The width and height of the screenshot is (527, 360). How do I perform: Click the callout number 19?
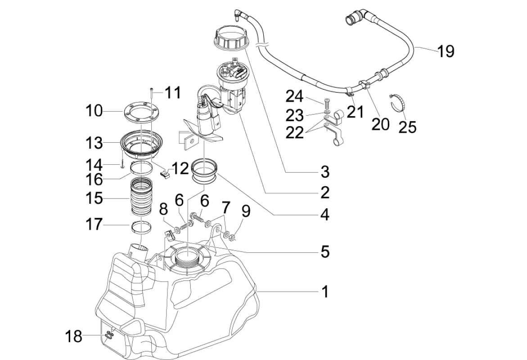446,51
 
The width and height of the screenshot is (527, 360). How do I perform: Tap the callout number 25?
408,127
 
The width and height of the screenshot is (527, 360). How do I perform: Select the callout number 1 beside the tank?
324,292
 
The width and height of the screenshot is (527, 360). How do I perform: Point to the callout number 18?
73,336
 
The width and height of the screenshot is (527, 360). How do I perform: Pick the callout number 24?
295,97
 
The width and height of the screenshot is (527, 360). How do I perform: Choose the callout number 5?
324,252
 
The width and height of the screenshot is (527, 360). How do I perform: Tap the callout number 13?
94,143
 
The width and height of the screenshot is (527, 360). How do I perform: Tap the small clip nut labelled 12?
165,174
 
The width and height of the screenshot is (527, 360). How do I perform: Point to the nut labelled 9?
232,238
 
